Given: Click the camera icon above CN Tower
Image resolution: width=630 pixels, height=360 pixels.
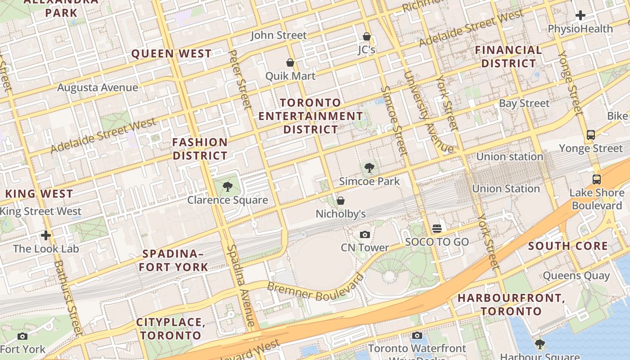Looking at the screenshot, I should [x=365, y=234].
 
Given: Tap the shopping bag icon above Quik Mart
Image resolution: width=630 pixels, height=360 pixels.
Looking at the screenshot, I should [x=290, y=63].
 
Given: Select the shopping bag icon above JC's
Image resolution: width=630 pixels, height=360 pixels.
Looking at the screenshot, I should [x=367, y=36].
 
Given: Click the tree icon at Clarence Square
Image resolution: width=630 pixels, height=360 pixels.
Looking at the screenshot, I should [x=228, y=187].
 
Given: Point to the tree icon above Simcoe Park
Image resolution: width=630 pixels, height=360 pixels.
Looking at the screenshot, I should [x=369, y=168].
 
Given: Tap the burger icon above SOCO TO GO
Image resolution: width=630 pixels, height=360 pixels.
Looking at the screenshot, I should [x=437, y=229].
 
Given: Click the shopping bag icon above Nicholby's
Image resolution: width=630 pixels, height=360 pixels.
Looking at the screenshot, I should [x=341, y=201].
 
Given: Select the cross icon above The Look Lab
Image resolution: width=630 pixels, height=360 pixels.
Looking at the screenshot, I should [x=46, y=235].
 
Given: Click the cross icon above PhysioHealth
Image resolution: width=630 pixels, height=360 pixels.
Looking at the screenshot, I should [x=580, y=15].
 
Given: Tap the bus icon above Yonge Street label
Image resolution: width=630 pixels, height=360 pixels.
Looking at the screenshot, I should [x=591, y=135].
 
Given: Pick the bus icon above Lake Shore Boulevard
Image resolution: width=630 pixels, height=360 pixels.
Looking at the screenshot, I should [x=597, y=180].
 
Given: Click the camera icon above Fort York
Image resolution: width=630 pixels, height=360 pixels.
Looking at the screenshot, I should [x=22, y=336].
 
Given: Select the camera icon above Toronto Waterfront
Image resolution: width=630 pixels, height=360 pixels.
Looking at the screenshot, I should [x=417, y=335].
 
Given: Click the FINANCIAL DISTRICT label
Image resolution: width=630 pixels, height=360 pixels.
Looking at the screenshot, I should [x=508, y=57].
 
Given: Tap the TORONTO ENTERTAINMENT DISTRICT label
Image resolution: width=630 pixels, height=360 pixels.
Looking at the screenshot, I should [x=310, y=116].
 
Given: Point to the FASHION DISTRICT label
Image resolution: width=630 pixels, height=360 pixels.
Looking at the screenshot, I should [x=200, y=149].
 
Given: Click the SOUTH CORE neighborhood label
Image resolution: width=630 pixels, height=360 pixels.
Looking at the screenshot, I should [x=568, y=246].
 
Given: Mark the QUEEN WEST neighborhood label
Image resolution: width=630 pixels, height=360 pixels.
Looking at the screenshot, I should [x=171, y=54].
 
